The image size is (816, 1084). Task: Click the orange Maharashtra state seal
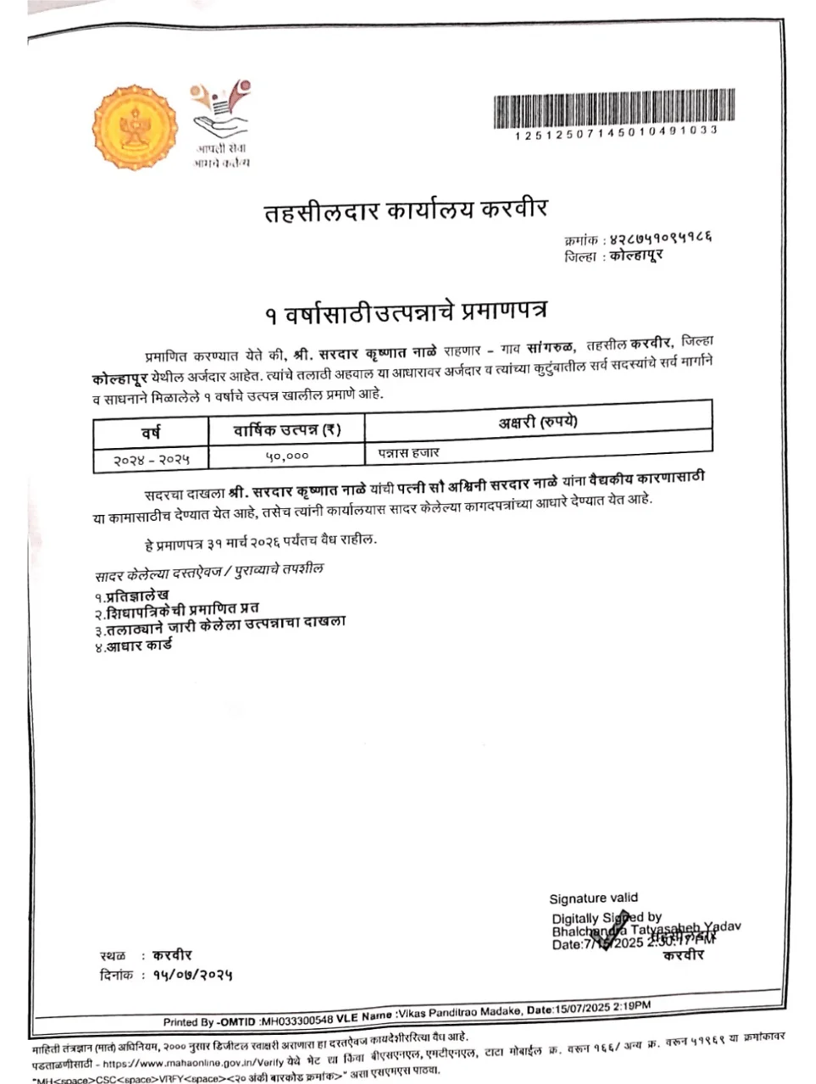(x=136, y=128)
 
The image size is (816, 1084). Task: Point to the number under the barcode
(x=615, y=130)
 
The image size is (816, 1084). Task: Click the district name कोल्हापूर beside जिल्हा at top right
(x=636, y=256)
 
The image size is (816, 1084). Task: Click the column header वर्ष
(x=152, y=432)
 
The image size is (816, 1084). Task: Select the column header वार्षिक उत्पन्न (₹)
(x=287, y=430)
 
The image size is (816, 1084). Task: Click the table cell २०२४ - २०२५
(x=152, y=459)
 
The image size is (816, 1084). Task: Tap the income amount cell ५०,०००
(x=287, y=456)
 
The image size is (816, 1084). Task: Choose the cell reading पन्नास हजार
(x=409, y=453)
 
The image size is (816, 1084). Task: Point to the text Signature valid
(x=593, y=899)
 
